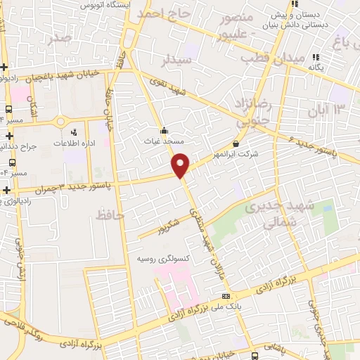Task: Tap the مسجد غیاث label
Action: pos(164,141)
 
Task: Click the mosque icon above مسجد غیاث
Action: pos(164,130)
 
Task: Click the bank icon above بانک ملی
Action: pos(225,296)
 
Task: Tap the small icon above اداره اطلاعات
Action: pos(73,131)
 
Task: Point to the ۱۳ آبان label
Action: pos(328,109)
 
